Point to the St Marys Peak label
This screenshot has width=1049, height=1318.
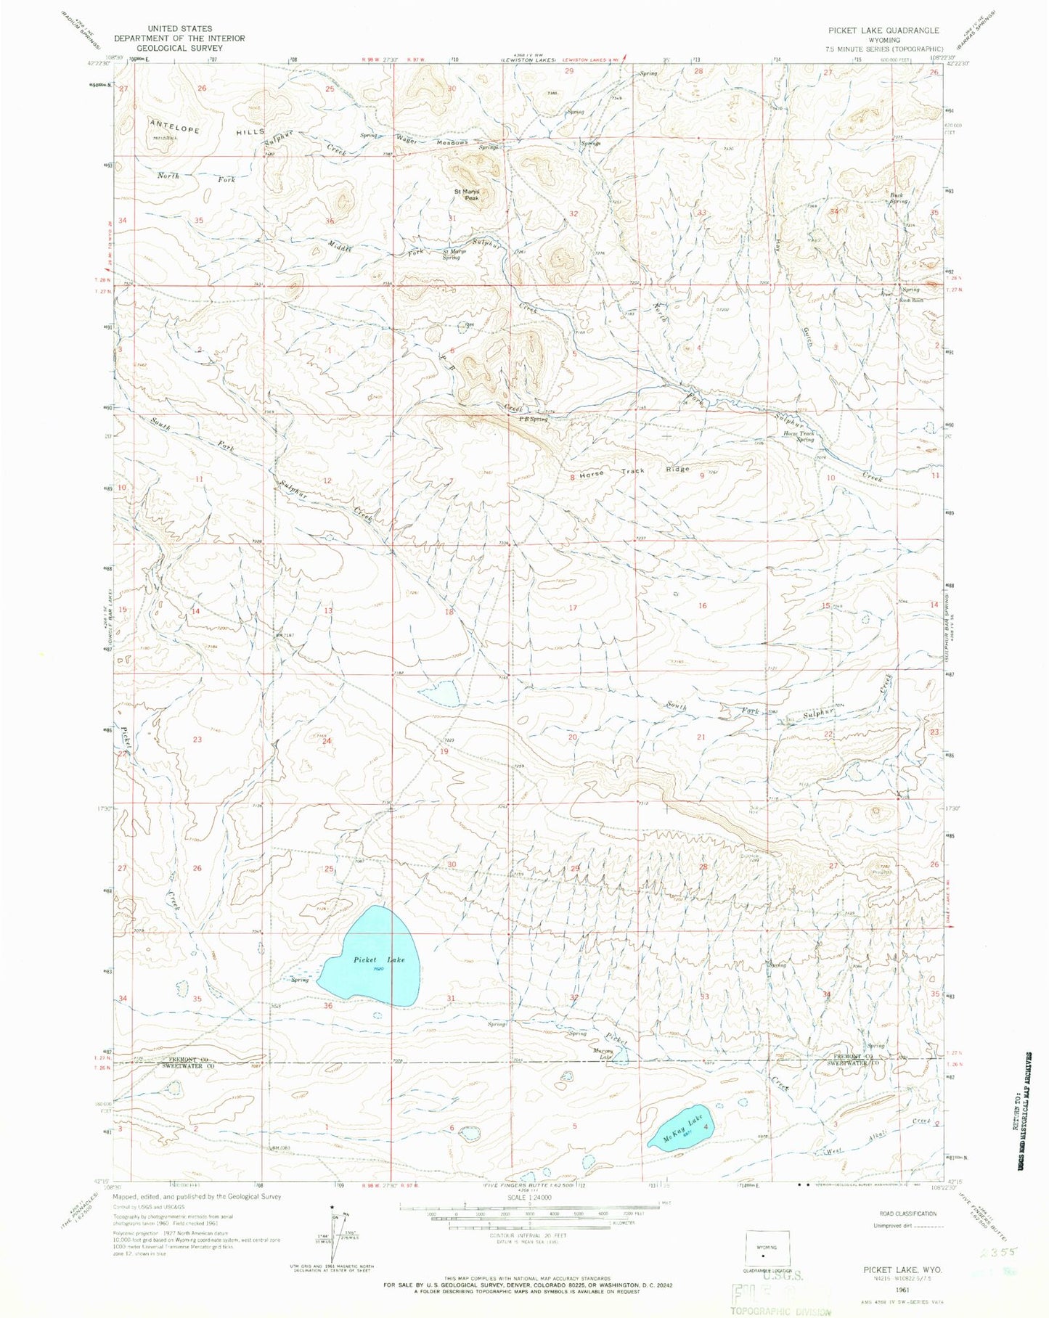click(467, 195)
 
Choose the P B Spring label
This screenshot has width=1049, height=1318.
click(533, 419)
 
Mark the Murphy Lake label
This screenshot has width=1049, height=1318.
click(604, 1053)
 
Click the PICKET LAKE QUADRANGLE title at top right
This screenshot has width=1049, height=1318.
click(883, 30)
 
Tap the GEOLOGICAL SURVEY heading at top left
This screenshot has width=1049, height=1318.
click(179, 47)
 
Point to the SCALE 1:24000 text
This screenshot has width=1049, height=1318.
click(526, 1197)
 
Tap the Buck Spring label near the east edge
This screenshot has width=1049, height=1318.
click(899, 198)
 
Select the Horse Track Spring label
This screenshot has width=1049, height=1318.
click(798, 436)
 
